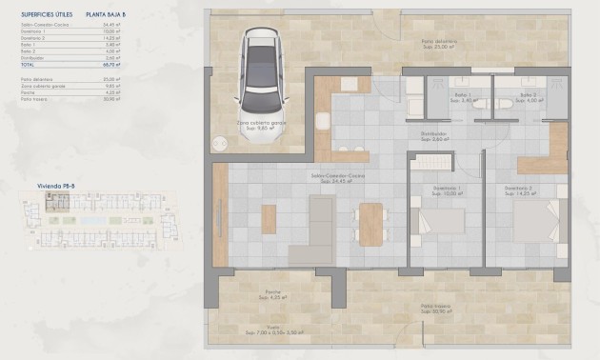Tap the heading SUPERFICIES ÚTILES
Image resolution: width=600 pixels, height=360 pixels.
46,15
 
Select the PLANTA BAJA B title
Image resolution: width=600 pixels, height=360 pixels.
106,15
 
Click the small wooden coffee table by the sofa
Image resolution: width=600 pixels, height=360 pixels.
269,219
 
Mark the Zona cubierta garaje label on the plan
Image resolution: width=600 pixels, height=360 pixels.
260,123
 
